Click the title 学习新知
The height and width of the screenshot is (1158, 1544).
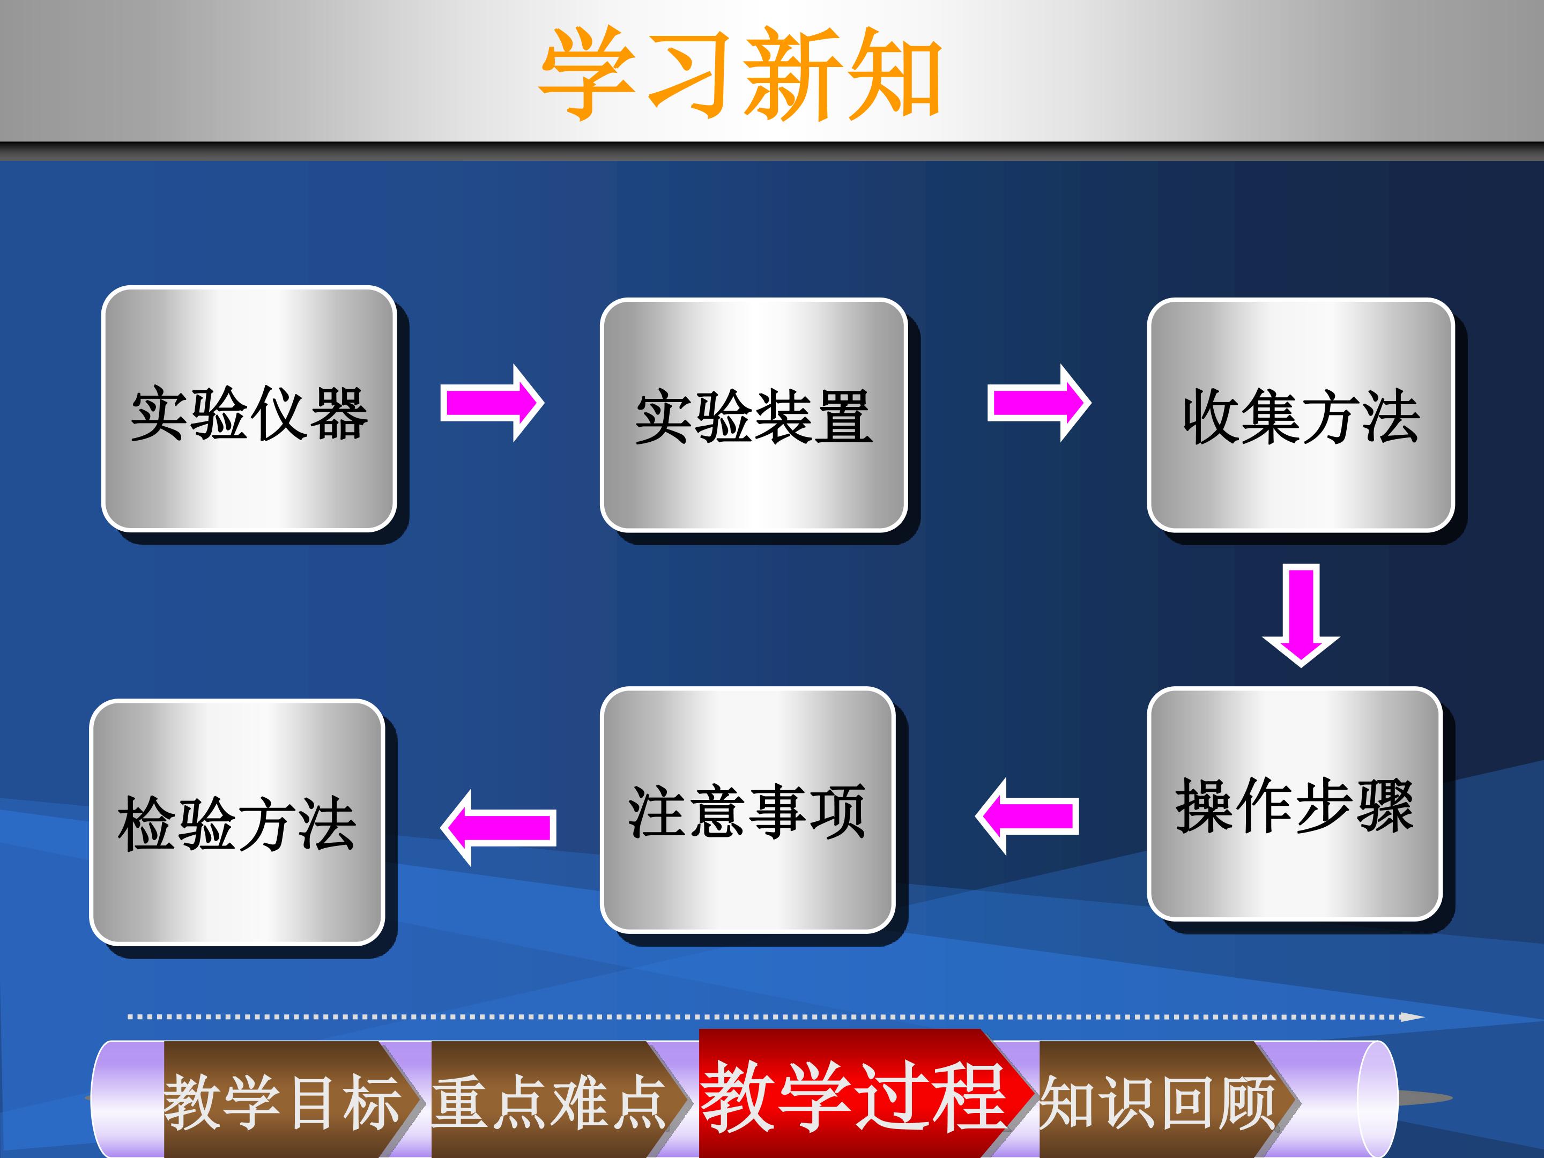(x=740, y=73)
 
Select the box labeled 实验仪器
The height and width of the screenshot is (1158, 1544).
(x=249, y=409)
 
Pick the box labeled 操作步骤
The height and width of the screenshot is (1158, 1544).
(x=1294, y=804)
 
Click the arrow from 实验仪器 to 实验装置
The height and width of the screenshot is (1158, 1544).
(x=492, y=403)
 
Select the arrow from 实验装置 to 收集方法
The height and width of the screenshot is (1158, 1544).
(x=1038, y=403)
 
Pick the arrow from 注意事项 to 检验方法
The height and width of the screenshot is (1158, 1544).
(x=499, y=828)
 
